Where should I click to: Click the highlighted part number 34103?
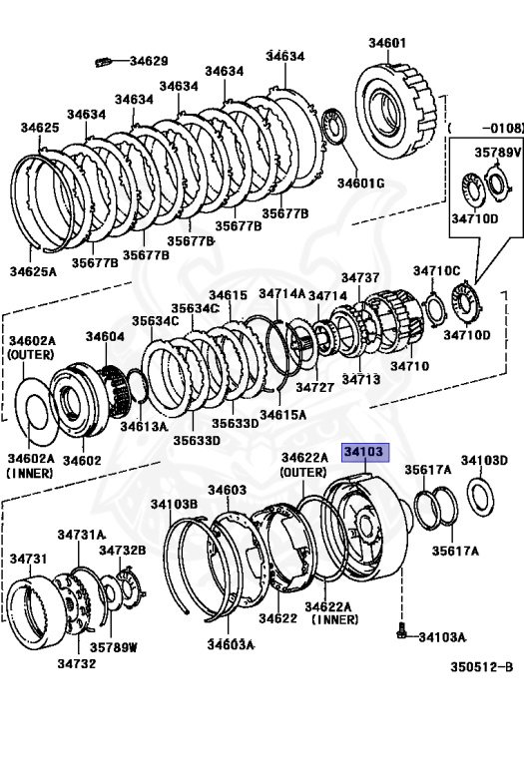click(365, 452)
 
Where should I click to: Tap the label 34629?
click(149, 61)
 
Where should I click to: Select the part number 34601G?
click(360, 184)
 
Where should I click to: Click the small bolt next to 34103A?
click(401, 632)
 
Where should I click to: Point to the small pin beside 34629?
click(104, 62)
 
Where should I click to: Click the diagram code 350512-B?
click(481, 667)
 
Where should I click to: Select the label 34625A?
click(33, 271)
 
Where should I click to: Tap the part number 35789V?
click(498, 153)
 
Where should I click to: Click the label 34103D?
click(484, 460)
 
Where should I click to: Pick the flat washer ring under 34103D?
click(481, 498)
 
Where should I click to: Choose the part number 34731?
click(29, 558)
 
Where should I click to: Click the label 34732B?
click(122, 551)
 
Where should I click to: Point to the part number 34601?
click(387, 43)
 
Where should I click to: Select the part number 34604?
click(105, 336)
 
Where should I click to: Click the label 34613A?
click(144, 426)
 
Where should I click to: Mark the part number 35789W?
click(114, 647)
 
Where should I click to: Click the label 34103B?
click(174, 504)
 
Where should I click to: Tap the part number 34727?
click(314, 387)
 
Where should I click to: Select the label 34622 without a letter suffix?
click(278, 618)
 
